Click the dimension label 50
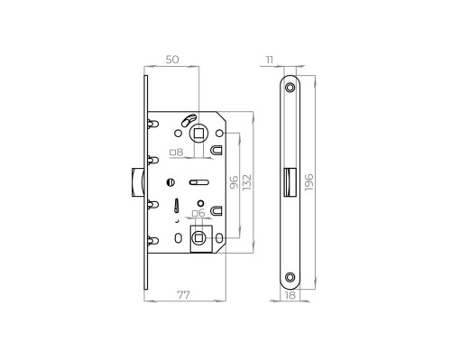point(172,60)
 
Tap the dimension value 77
point(183,295)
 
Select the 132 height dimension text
point(247,182)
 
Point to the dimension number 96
point(234,182)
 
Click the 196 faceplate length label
point(308,182)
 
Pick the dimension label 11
point(270,60)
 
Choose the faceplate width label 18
point(290,295)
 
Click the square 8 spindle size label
point(177,153)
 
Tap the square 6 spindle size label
point(198,213)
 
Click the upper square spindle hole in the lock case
point(198,133)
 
